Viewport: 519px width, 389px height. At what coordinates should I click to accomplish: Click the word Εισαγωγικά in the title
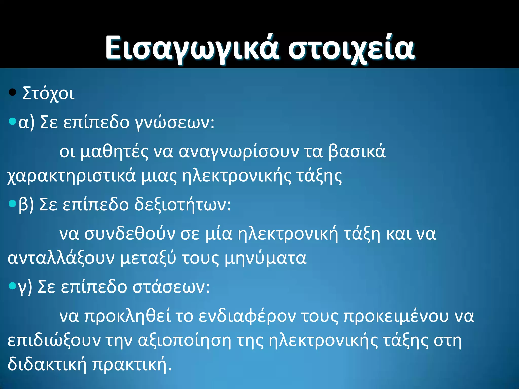tap(191, 48)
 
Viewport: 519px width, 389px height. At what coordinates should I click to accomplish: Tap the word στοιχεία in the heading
tap(351, 48)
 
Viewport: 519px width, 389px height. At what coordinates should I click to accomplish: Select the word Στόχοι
tap(48, 94)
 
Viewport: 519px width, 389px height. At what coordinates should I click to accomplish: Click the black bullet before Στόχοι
tap(12, 92)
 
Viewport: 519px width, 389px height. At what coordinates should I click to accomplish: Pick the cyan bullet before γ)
tap(12, 286)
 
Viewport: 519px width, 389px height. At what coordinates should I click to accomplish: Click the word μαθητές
tap(114, 152)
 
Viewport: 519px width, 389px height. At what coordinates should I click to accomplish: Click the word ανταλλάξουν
tap(61, 258)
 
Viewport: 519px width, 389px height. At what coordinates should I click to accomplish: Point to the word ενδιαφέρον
tap(247, 317)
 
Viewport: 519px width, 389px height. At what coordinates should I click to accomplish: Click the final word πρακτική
tap(129, 365)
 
